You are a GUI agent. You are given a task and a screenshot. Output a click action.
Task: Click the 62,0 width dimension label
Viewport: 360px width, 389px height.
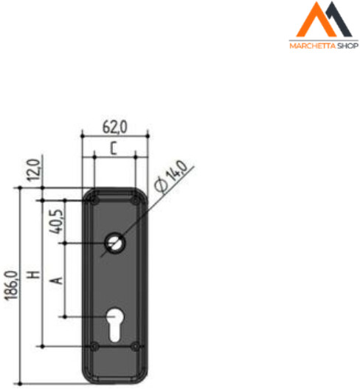click(114, 127)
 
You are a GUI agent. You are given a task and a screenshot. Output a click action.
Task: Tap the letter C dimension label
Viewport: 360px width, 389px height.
click(114, 148)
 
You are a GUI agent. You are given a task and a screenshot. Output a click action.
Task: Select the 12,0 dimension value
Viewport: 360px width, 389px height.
click(34, 171)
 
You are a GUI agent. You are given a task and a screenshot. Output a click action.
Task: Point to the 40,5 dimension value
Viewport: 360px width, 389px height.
click(56, 221)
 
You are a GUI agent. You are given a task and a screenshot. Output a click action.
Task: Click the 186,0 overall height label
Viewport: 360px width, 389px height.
click(12, 286)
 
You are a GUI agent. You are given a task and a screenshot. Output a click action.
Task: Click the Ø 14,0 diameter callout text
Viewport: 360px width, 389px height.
click(170, 176)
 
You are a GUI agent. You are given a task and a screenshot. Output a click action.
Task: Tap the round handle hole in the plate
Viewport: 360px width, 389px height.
click(114, 243)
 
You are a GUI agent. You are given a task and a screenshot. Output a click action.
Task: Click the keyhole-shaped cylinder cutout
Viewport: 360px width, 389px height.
click(114, 325)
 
